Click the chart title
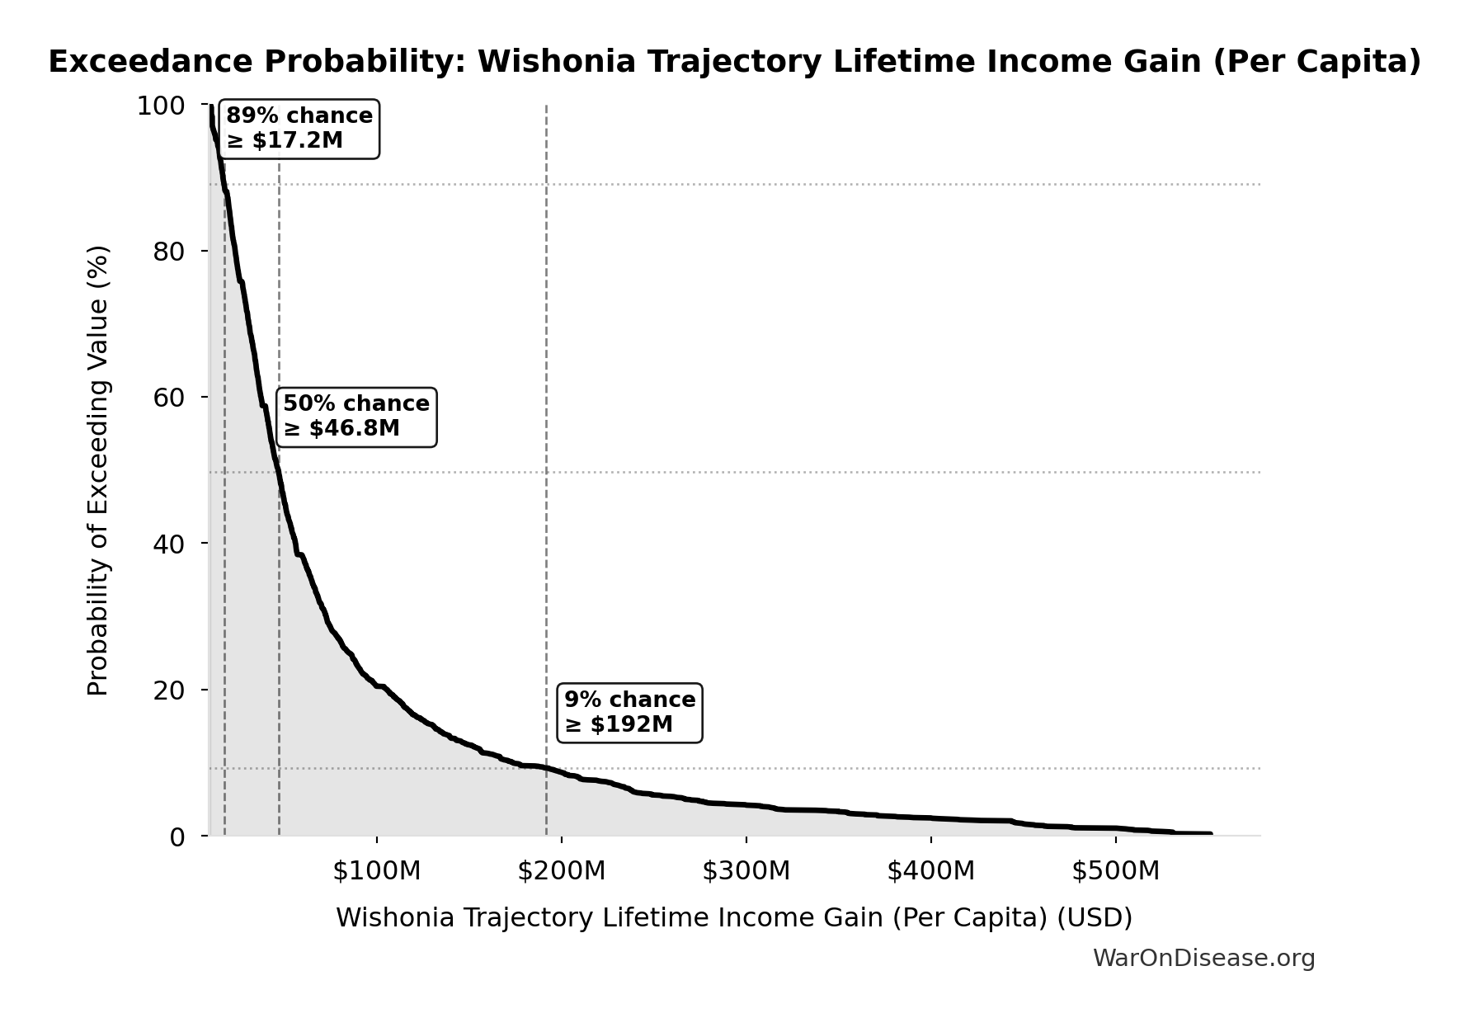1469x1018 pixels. (735, 62)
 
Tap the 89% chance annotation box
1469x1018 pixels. (299, 129)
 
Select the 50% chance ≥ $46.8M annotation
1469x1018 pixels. (356, 417)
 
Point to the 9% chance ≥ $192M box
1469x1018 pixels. (630, 713)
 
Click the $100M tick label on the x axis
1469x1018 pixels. (377, 871)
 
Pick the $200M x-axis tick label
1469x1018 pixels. (562, 871)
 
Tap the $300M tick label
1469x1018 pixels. (746, 871)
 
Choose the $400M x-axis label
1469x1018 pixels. (931, 871)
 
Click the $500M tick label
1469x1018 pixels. (1116, 871)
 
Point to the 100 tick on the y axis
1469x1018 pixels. (161, 106)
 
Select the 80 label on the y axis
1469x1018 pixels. (168, 252)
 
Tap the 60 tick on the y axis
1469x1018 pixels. (168, 398)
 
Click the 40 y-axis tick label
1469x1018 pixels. (168, 544)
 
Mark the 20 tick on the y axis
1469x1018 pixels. (168, 690)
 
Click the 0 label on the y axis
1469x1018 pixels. (177, 837)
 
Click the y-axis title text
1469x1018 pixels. (98, 470)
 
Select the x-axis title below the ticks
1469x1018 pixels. (734, 918)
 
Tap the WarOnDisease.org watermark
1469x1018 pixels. (1203, 959)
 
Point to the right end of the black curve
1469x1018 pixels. (1210, 834)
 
